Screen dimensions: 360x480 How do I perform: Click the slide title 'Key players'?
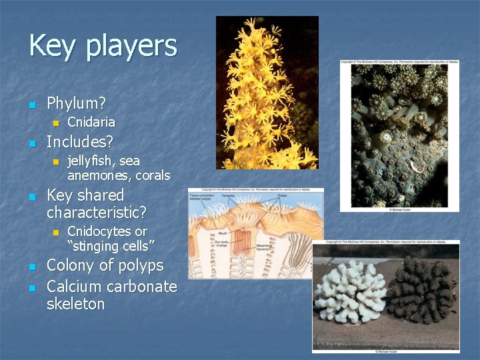point(103,47)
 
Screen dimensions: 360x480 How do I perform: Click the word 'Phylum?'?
point(77,103)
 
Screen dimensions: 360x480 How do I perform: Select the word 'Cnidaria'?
point(91,122)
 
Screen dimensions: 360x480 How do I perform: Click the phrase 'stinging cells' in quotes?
point(111,246)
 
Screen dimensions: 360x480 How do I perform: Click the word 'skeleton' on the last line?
point(75,304)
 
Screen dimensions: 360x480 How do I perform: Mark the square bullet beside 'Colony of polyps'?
point(31,267)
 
